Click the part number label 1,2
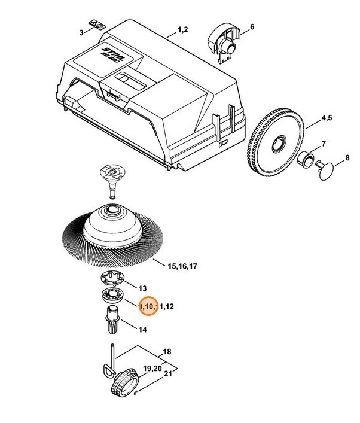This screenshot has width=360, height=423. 183,29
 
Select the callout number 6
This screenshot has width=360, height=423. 252,27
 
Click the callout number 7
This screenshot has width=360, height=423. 324,144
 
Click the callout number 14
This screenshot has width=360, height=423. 142,330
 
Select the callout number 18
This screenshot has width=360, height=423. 167,351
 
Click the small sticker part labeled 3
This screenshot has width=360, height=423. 96,25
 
